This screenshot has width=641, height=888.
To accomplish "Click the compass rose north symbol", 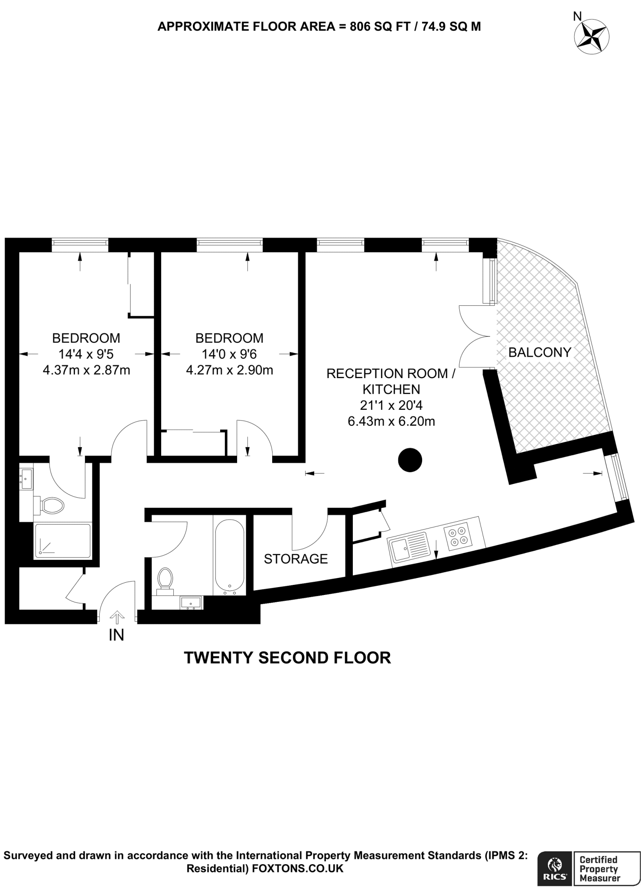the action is (592, 36).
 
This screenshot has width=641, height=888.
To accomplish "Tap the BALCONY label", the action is (540, 352).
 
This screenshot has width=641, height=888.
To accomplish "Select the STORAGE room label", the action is (296, 558).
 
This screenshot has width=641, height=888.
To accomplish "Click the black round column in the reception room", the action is (410, 460).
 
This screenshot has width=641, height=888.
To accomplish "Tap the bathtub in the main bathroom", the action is (229, 556).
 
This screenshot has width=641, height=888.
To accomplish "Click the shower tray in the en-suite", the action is (63, 540).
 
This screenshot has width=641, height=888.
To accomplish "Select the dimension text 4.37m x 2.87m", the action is (86, 370).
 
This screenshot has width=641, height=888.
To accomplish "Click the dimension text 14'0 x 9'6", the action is (229, 354).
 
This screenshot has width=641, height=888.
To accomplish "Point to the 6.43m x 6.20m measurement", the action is (391, 421).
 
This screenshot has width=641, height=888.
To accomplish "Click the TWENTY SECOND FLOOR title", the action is (288, 658).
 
